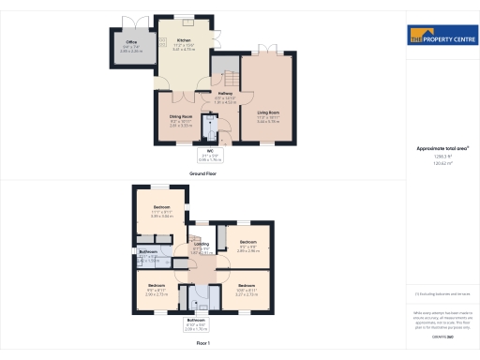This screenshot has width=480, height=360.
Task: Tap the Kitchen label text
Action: click(x=184, y=40)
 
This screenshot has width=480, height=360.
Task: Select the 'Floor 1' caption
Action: click(x=202, y=345)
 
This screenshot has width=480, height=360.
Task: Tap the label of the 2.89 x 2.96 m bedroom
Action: click(x=247, y=243)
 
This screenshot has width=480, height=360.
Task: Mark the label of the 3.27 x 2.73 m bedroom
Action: click(x=246, y=285)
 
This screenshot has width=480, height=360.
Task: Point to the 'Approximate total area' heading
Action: click(x=442, y=149)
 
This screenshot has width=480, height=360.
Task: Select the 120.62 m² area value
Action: click(x=442, y=164)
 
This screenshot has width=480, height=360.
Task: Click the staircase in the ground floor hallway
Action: click(x=222, y=69)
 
